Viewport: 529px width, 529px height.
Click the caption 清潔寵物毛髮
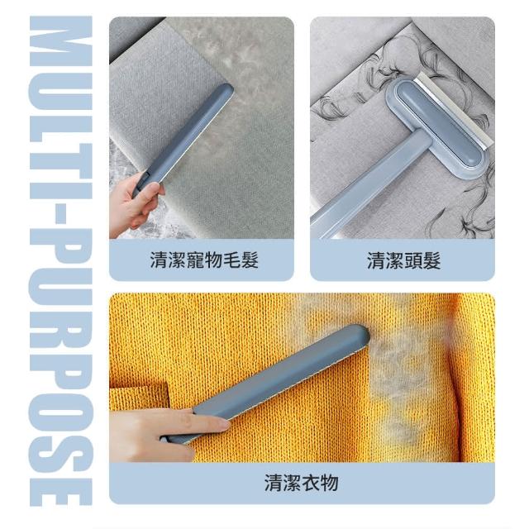tap(204, 260)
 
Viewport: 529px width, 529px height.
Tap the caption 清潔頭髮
tap(404, 261)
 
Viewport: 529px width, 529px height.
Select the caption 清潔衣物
tap(301, 483)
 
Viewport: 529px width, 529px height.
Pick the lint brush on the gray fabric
tap(182, 140)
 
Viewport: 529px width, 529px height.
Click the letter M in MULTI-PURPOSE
tap(60, 41)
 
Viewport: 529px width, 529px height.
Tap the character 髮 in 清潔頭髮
tap(431, 261)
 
